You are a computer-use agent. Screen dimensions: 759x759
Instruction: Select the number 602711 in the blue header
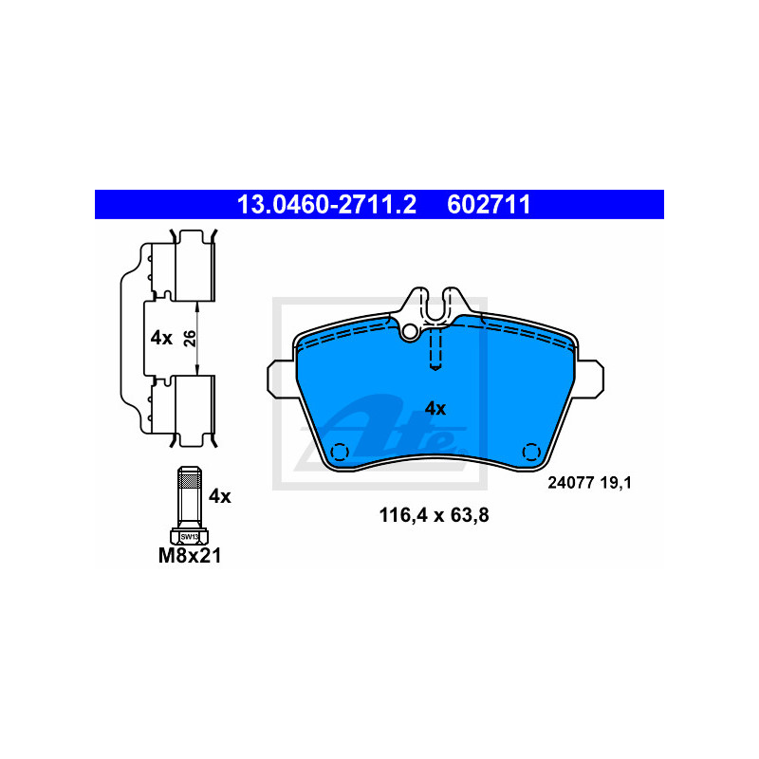coord(489,204)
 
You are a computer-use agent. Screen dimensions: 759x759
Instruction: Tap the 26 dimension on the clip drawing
coord(190,338)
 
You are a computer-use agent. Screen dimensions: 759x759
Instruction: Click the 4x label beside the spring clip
coord(161,338)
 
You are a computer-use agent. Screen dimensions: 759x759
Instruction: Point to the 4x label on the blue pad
coord(435,409)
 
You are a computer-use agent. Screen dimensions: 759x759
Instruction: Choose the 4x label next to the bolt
coord(220,495)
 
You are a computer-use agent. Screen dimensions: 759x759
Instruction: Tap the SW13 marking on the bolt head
coord(189,536)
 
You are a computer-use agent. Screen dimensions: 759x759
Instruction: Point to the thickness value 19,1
coord(616,482)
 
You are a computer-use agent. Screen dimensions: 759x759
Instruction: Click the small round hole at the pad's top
coord(410,331)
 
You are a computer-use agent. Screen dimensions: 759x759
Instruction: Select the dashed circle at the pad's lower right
coord(531,451)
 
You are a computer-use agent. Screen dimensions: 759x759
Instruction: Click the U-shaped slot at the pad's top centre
coord(435,305)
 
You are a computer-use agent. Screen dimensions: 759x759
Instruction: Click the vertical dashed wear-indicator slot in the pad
coord(435,349)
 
